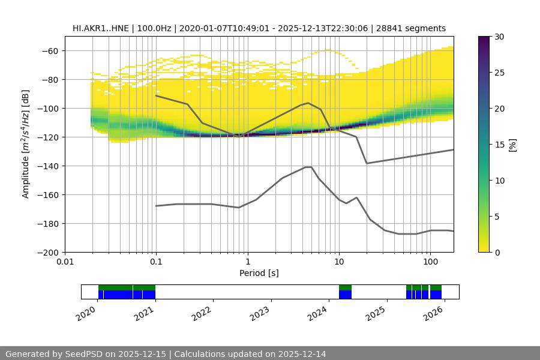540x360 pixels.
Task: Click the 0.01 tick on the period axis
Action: (x=65, y=262)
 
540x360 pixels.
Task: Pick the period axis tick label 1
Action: (x=247, y=262)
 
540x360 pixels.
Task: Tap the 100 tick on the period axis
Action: (x=430, y=262)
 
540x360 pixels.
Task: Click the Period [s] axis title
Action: (x=259, y=274)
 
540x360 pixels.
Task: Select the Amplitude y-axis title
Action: (x=25, y=144)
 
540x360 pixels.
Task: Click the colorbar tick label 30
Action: (x=499, y=37)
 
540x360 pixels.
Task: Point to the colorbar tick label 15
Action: (x=499, y=145)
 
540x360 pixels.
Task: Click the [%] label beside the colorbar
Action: (x=512, y=144)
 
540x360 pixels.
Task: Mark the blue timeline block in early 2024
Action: (x=345, y=295)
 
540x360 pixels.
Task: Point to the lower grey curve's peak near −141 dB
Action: (x=308, y=167)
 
